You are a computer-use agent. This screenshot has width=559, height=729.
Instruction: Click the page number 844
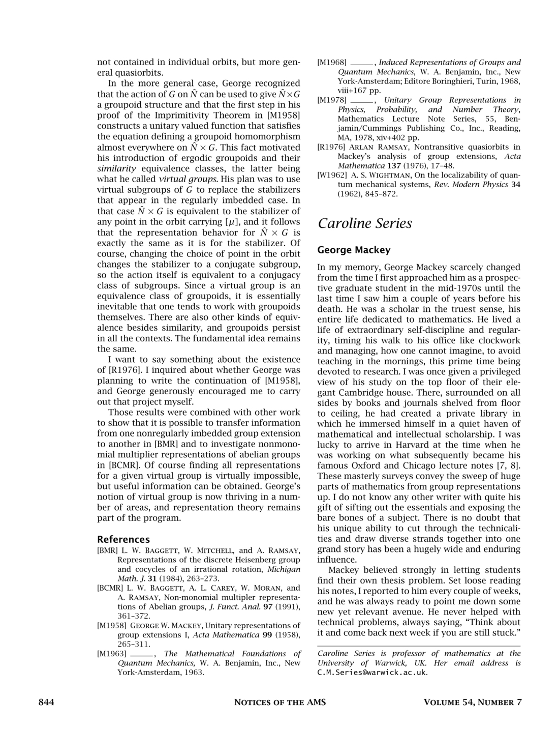pyautogui.click(x=46, y=703)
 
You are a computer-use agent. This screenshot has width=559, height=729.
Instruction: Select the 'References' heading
pyautogui.click(x=123, y=539)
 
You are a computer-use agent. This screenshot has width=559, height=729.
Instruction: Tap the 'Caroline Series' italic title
pyautogui.click(x=364, y=223)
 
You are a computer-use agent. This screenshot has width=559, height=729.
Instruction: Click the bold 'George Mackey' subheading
pyautogui.click(x=354, y=250)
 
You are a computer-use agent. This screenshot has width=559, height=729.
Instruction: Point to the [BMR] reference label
pyautogui.click(x=107, y=550)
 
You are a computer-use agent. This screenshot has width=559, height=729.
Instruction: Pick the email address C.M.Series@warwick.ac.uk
pyautogui.click(x=372, y=672)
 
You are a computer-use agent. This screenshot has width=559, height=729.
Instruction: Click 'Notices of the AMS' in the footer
pyautogui.click(x=279, y=703)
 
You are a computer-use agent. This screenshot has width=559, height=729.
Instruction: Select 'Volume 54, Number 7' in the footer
pyautogui.click(x=472, y=703)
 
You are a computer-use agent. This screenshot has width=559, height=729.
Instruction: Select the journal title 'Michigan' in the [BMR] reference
pyautogui.click(x=284, y=569)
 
